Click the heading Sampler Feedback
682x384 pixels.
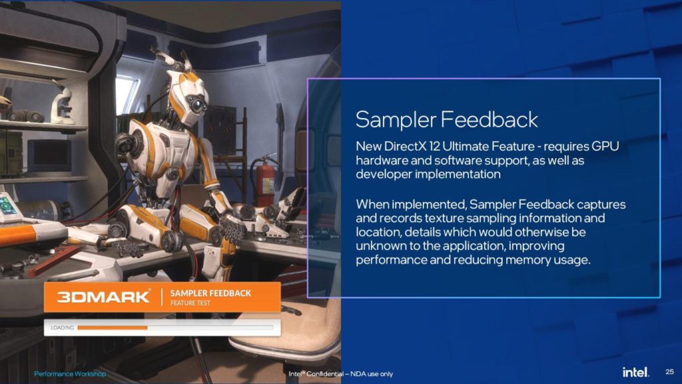(x=447, y=120)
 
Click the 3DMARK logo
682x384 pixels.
(x=103, y=297)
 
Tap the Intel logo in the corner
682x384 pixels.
(x=635, y=372)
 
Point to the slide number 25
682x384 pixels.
(x=669, y=372)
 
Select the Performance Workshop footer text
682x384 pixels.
(x=69, y=373)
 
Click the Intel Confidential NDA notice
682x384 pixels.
(x=340, y=373)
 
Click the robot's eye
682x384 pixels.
(x=198, y=105)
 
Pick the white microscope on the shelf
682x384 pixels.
(x=62, y=105)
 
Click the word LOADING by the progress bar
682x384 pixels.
(x=62, y=327)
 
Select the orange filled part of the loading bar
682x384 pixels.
(x=113, y=327)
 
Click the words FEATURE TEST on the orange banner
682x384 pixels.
(x=190, y=303)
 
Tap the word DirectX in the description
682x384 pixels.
(x=405, y=146)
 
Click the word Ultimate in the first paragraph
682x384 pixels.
(x=464, y=146)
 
